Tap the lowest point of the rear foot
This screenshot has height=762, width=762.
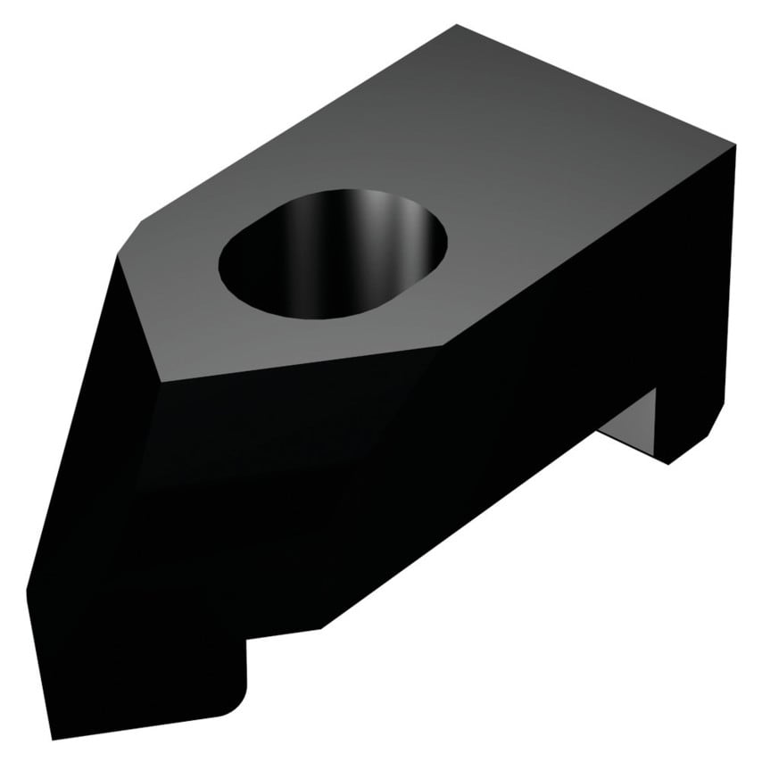(669, 463)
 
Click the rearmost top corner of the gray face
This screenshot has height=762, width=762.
(458, 27)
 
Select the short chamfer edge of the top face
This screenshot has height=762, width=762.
(132, 235)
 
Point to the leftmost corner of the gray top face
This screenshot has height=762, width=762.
(117, 254)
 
